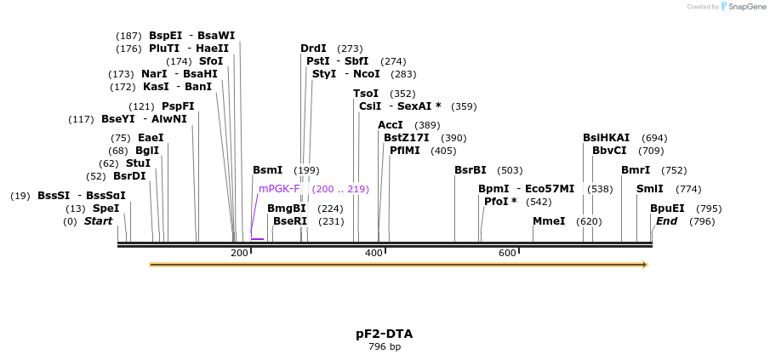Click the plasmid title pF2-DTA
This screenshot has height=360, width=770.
385,334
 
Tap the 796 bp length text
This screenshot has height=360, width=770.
385,347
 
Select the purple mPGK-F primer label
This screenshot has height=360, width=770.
279,189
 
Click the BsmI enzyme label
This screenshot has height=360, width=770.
267,170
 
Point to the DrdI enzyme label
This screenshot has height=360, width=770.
313,49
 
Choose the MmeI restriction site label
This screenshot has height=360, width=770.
549,221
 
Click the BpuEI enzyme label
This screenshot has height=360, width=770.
667,209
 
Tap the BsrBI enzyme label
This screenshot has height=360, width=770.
470,170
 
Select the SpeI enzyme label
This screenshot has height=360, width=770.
106,209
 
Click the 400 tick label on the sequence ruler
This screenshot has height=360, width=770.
374,253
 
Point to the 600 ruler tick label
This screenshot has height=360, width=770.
507,253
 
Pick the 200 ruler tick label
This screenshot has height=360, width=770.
239,253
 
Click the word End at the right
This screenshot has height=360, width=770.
666,221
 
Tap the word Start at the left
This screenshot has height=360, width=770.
98,221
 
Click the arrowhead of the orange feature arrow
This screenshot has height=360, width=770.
645,265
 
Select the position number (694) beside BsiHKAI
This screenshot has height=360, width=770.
654,138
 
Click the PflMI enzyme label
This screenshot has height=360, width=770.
405,151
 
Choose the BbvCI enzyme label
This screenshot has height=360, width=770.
609,151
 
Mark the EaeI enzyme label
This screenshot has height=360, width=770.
151,138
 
